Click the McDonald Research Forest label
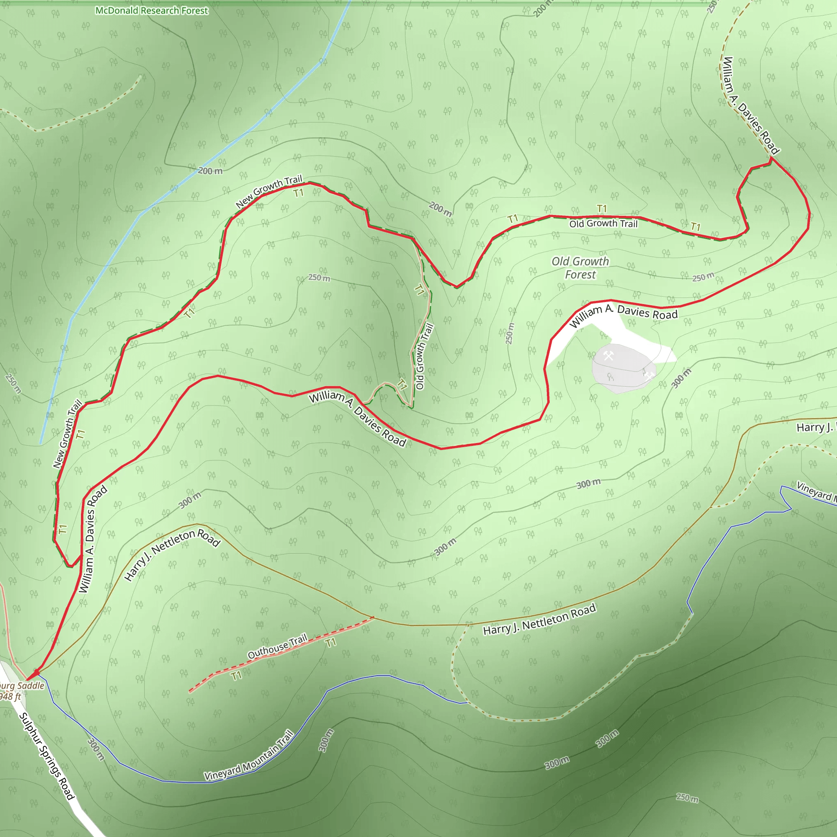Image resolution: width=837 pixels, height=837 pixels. coord(152,10)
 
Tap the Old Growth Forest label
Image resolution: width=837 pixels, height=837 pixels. coord(580,268)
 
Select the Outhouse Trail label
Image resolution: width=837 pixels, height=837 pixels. coord(277,646)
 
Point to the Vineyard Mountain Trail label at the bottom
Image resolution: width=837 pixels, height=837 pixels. coord(249,756)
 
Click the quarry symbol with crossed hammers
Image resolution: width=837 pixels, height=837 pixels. coord(609,356)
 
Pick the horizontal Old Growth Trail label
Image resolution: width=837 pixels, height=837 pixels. coord(603,224)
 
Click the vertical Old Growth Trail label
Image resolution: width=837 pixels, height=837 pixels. coord(424,356)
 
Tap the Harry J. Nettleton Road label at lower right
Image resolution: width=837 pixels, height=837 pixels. coord(539,620)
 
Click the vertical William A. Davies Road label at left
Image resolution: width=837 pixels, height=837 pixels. coord(92,539)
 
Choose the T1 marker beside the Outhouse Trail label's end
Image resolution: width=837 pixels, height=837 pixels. coord(331,642)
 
